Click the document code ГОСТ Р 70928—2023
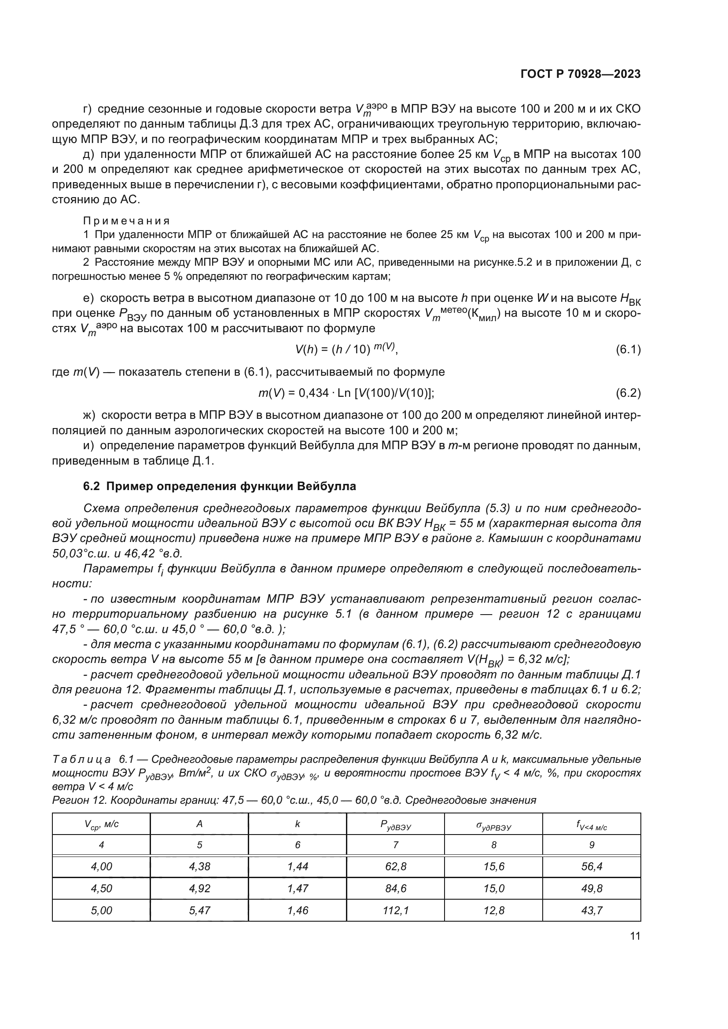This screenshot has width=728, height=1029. [x=581, y=74]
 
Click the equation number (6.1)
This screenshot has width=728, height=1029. [x=628, y=350]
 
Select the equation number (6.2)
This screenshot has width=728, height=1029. [x=628, y=393]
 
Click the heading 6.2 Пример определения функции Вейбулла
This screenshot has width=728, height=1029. [x=220, y=486]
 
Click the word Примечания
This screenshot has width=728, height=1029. [x=127, y=220]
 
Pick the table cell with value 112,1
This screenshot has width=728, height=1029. [x=395, y=910]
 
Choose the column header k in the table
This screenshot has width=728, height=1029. [x=297, y=824]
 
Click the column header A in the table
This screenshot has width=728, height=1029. [x=199, y=824]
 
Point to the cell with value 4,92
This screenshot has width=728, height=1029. [x=199, y=888]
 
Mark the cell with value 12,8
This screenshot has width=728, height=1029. [x=493, y=910]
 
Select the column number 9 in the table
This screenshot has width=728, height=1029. [x=592, y=845]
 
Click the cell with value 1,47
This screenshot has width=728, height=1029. [x=297, y=888]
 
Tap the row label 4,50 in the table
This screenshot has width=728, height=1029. [x=101, y=888]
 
